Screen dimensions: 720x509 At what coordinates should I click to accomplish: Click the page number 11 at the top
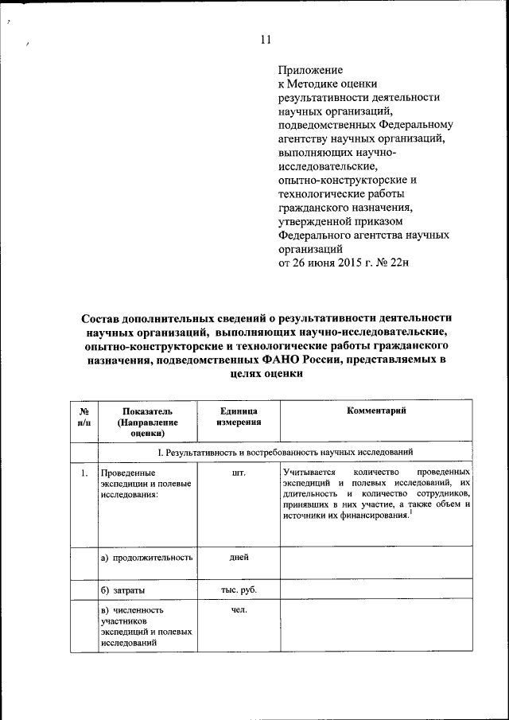click(266, 41)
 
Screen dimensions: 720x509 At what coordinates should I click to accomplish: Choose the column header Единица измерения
click(237, 416)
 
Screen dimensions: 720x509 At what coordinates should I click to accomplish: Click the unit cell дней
click(237, 558)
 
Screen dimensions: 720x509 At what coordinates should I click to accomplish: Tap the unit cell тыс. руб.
click(237, 590)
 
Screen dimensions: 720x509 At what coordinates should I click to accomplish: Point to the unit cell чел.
click(237, 610)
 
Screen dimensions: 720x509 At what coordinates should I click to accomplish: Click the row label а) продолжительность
click(147, 558)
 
